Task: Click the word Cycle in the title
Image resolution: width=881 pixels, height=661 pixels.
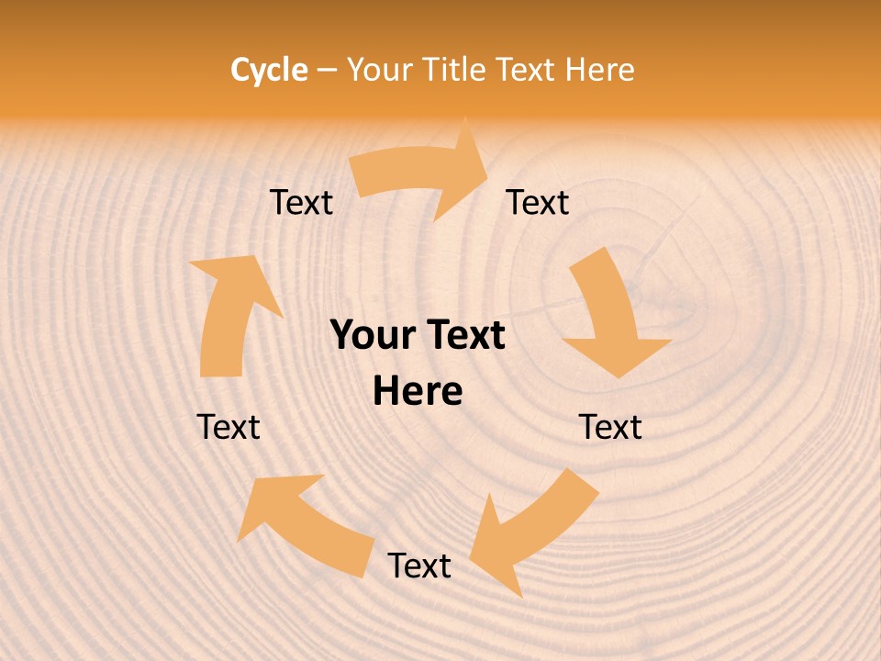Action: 269,70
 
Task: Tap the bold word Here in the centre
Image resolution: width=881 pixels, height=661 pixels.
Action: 418,392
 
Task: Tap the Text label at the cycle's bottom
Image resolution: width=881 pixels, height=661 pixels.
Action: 419,566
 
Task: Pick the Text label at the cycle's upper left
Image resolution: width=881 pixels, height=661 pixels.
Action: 301,203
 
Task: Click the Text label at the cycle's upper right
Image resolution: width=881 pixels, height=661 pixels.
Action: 538,203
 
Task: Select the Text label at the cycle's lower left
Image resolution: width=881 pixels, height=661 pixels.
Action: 229,427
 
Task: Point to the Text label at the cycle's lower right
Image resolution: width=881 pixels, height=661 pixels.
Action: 610,427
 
